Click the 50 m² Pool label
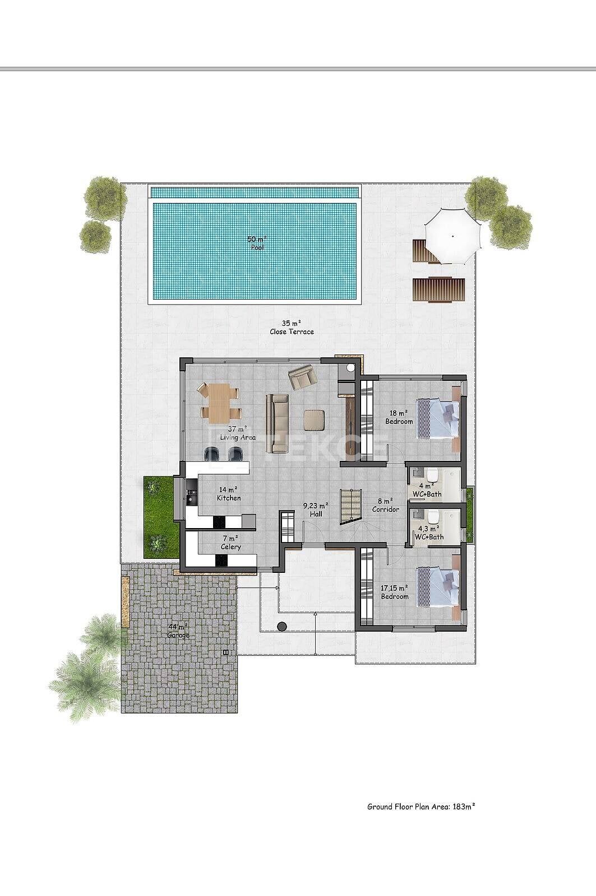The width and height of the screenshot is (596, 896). click(256, 243)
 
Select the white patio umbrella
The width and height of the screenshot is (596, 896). click(452, 236)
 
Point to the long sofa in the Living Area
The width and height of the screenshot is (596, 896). click(278, 423)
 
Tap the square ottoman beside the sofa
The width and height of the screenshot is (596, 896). click(313, 420)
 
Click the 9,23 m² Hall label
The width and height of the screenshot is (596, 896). click(316, 510)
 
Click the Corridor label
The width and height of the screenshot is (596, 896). click(385, 505)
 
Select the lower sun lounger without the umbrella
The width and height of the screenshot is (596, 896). click(440, 289)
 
